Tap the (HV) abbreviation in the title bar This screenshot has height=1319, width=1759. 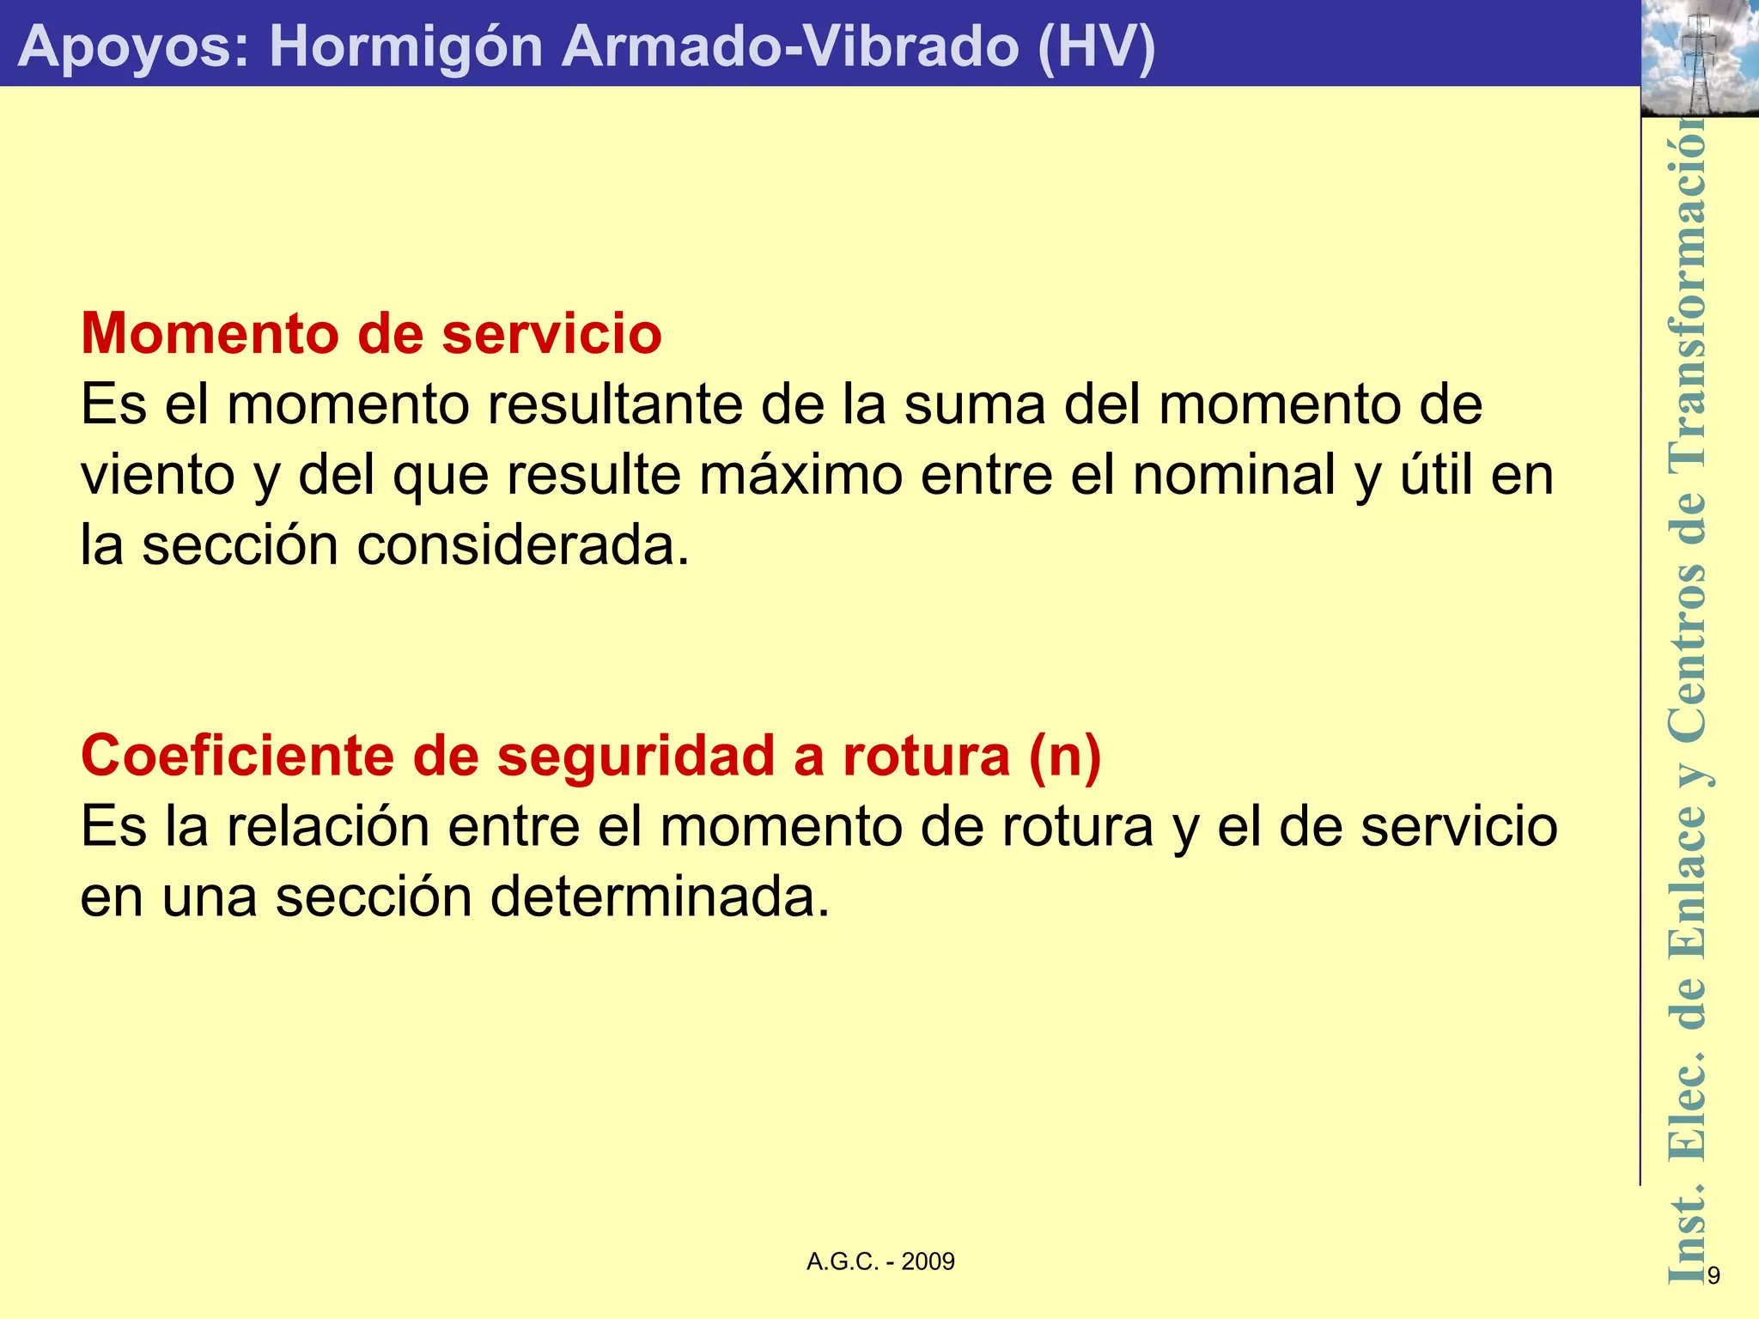[x=1096, y=46]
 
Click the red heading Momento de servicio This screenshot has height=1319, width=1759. [x=371, y=333]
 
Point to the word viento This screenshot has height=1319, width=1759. [x=158, y=475]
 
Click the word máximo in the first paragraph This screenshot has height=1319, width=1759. [x=800, y=475]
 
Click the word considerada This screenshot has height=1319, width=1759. [x=523, y=545]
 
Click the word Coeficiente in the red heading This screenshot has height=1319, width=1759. [x=237, y=756]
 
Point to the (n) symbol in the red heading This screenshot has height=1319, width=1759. [x=1065, y=756]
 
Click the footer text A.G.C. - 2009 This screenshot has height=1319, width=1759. [x=880, y=1261]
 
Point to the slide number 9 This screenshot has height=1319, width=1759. [x=1713, y=1276]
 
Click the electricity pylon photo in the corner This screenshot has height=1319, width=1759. [x=1699, y=58]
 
